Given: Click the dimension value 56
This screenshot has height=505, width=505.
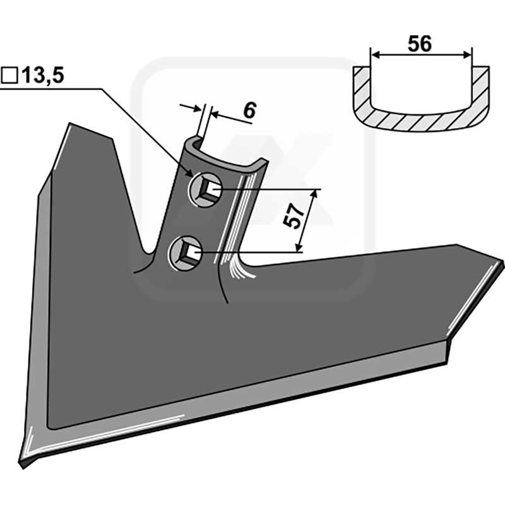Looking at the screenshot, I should [x=420, y=44].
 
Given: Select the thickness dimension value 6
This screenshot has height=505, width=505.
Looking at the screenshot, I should [x=249, y=111].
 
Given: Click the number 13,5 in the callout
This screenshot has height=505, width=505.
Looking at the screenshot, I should [x=42, y=76].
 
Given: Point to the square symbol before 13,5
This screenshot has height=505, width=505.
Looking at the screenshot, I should [x=10, y=76].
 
